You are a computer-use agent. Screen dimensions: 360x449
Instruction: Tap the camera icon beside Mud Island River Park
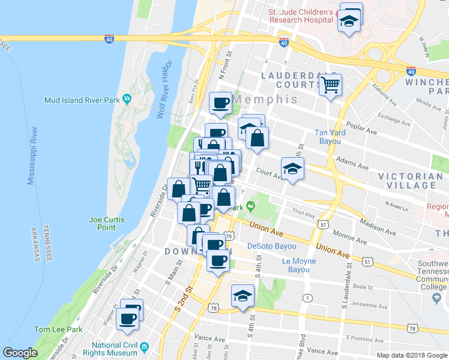(x=127, y=99)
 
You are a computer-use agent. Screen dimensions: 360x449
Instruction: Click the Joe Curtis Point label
(x=106, y=223)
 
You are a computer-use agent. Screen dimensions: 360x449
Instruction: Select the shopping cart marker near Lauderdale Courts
(x=330, y=86)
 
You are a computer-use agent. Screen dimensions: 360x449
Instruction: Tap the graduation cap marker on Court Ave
(x=292, y=169)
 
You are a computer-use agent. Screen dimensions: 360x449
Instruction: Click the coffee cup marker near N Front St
(x=220, y=103)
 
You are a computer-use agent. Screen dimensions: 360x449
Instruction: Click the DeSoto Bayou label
(x=272, y=246)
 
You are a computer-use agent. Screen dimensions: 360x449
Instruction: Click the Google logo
(x=20, y=353)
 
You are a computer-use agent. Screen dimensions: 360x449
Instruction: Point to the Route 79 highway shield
(x=229, y=236)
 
